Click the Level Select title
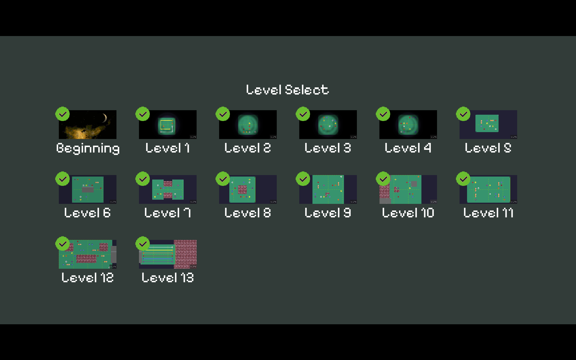(287, 90)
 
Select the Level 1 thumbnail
(167, 125)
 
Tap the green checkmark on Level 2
(223, 114)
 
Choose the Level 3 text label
(328, 148)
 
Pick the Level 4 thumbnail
(408, 125)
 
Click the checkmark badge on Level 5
(463, 114)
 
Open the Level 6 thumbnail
(87, 189)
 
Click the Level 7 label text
(167, 213)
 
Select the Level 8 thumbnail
(248, 189)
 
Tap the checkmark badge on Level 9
(303, 179)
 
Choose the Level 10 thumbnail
(408, 189)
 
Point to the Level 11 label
(488, 213)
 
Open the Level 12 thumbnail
(87, 254)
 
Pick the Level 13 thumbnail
(167, 254)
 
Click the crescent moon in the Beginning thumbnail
(105, 118)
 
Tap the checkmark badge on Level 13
(143, 244)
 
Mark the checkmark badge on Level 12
(62, 244)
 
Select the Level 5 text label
(488, 148)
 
